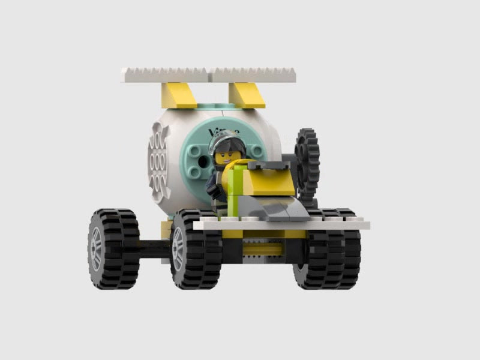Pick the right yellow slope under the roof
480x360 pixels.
tap(246, 94)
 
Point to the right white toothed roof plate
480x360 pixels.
tap(254, 74)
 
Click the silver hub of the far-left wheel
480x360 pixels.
tap(96, 248)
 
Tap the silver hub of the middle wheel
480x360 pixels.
tap(178, 248)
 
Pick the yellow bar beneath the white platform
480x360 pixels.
tap(264, 248)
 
